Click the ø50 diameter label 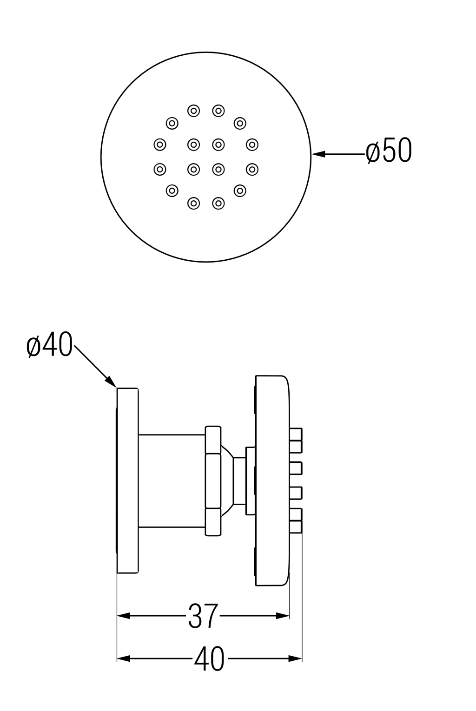tap(388, 151)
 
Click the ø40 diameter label tap(50, 345)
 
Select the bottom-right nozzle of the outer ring tap(240, 191)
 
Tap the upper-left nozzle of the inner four tap(193, 145)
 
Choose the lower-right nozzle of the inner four tap(218, 169)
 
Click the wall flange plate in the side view tap(128, 480)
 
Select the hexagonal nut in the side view tap(213, 481)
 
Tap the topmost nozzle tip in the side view tap(296, 434)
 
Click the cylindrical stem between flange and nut tap(172, 481)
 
